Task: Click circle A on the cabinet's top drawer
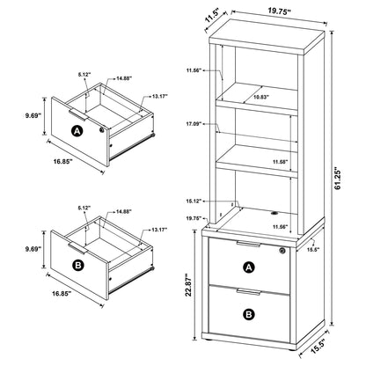point(248,268)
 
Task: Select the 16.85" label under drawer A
point(61,163)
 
